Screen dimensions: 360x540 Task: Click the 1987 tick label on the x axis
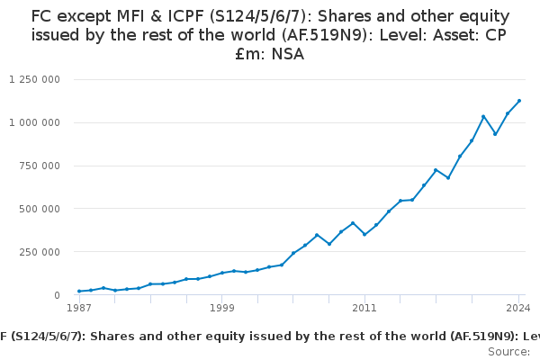(79, 309)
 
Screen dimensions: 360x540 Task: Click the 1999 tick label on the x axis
(222, 309)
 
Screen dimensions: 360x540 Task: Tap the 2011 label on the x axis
(364, 309)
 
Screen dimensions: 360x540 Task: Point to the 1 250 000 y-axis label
(34, 79)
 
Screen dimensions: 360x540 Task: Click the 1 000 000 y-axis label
(34, 122)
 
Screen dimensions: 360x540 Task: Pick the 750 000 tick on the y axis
(41, 166)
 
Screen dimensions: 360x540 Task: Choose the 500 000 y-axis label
(41, 209)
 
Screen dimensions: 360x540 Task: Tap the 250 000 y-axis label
(41, 252)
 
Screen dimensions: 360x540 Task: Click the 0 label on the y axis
(57, 295)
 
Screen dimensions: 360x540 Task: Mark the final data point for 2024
(519, 101)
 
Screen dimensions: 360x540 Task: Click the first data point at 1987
(79, 291)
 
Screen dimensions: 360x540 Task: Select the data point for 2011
(364, 234)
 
